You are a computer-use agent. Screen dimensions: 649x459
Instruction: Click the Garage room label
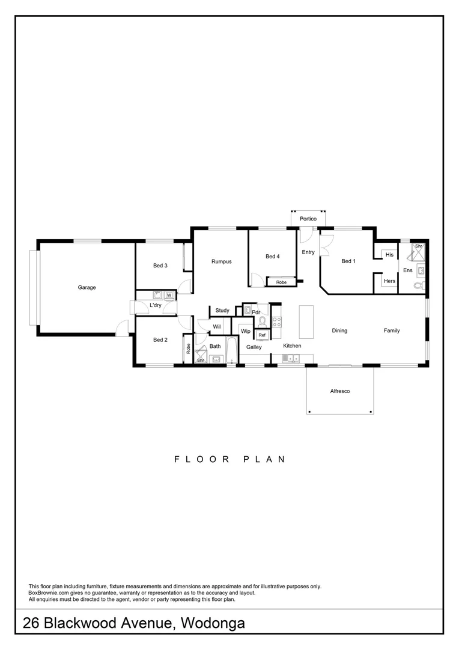tap(87, 288)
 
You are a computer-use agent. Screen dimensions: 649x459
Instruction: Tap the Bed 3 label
tap(160, 266)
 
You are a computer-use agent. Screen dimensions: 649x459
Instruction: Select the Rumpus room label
tap(221, 261)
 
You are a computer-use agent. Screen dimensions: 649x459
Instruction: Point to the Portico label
tap(308, 219)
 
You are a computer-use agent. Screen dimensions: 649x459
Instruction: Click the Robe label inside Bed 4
tap(281, 282)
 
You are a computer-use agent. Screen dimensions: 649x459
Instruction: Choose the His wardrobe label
tap(389, 255)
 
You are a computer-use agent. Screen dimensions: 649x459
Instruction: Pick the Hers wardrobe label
tap(389, 281)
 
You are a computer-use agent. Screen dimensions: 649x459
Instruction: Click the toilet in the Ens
tap(422, 285)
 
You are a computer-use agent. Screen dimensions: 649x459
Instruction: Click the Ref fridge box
tap(262, 335)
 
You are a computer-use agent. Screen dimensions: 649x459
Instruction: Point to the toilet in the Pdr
tap(262, 321)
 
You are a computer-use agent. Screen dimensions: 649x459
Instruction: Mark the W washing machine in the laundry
tap(169, 295)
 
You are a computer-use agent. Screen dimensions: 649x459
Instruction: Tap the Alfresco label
tap(339, 391)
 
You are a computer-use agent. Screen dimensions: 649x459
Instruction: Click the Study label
tap(222, 311)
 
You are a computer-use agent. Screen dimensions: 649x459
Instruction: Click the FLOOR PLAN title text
tap(229, 459)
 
